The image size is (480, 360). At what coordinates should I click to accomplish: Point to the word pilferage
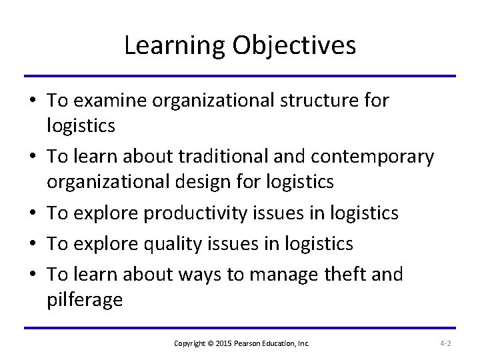(x=85, y=299)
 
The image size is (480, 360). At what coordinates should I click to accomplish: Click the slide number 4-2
(x=446, y=343)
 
